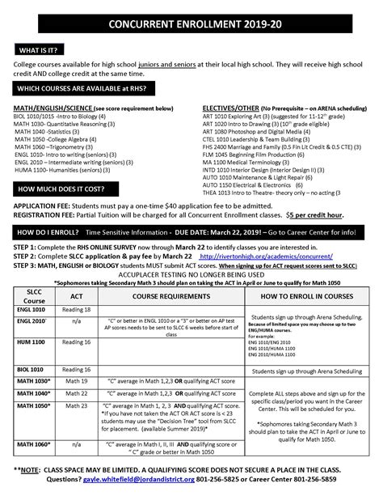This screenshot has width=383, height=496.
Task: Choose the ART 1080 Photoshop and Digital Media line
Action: [257, 131]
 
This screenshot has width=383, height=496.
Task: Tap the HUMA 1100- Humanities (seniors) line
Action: [57, 167]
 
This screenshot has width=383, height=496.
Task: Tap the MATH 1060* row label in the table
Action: [32, 444]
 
